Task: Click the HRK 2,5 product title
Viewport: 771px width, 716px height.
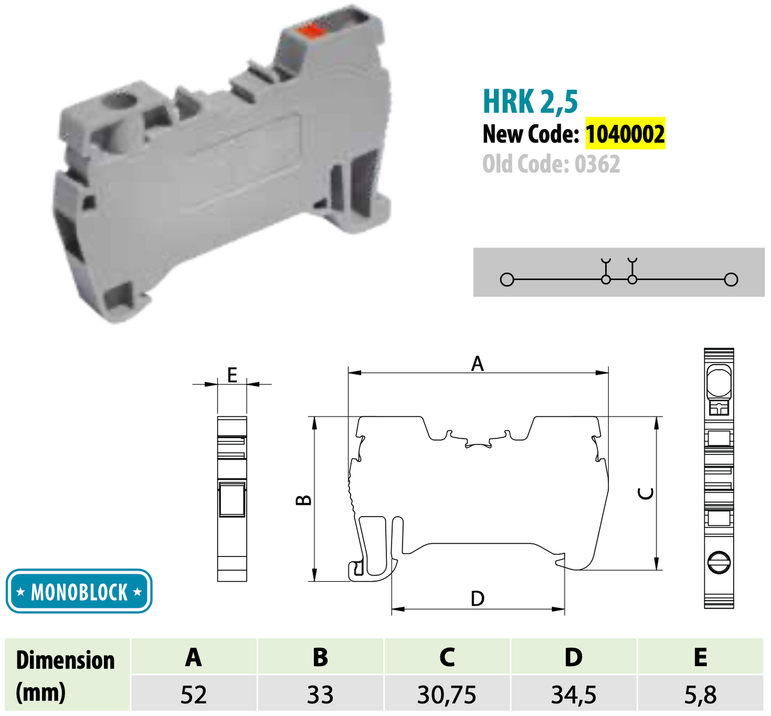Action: pos(530,101)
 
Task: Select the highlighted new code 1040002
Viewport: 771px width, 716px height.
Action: pos(625,133)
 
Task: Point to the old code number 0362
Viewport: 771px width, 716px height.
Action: pos(597,164)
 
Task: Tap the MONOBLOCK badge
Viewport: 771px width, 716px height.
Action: pos(79,591)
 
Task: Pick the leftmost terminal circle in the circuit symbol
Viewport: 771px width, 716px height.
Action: pos(507,279)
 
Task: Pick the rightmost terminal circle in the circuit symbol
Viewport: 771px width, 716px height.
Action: pos(732,279)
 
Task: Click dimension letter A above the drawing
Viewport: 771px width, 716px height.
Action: pos(477,364)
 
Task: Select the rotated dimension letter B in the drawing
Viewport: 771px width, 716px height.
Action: pos(304,500)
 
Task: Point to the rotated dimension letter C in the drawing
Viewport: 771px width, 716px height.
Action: pos(646,494)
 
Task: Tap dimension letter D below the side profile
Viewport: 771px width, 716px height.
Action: pos(478,599)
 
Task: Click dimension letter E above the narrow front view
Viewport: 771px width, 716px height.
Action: pos(232,375)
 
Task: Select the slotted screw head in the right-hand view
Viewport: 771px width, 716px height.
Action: pos(719,562)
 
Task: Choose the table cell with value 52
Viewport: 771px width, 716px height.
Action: pos(193,695)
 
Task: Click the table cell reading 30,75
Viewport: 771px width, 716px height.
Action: pos(447,695)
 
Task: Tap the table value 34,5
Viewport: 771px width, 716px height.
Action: pos(574,695)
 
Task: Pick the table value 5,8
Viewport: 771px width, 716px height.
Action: pos(701,695)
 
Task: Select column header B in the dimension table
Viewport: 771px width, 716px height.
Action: pos(320,657)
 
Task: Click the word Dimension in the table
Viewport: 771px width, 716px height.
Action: pos(65,660)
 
